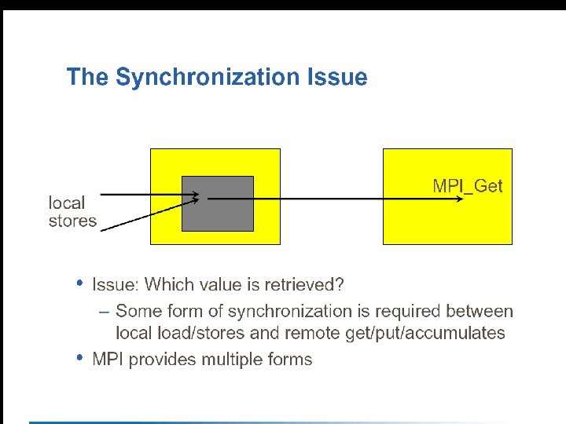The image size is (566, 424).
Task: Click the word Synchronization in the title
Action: click(x=208, y=78)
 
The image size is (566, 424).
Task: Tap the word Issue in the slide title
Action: click(x=337, y=76)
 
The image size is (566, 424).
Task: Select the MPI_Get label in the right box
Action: click(x=468, y=186)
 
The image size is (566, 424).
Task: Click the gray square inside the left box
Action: click(x=218, y=203)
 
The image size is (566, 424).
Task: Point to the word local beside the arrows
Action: click(x=67, y=203)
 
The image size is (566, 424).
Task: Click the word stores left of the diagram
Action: click(x=72, y=221)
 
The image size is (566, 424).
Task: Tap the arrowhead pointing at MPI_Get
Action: click(x=460, y=199)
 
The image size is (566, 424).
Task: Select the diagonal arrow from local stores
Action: click(x=149, y=214)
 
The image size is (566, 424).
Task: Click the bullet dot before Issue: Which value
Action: click(x=79, y=283)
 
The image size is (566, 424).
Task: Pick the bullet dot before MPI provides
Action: click(x=79, y=358)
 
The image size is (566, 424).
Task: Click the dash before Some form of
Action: click(x=104, y=313)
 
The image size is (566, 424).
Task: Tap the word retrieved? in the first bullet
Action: click(x=304, y=284)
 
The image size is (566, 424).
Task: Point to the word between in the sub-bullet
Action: click(x=480, y=311)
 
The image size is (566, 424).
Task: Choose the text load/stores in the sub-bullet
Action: click(x=201, y=333)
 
